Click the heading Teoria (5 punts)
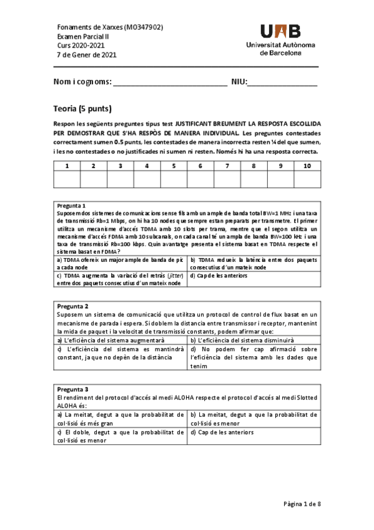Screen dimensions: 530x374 [x=82, y=109]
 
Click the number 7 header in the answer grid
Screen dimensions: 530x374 [x=227, y=166]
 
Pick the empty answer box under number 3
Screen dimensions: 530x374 [x=120, y=179]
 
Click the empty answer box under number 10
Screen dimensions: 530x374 [x=307, y=179]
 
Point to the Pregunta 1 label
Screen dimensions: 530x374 [x=71, y=206]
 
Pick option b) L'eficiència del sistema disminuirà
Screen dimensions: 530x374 [x=243, y=339]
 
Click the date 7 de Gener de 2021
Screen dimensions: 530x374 [x=86, y=54]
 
